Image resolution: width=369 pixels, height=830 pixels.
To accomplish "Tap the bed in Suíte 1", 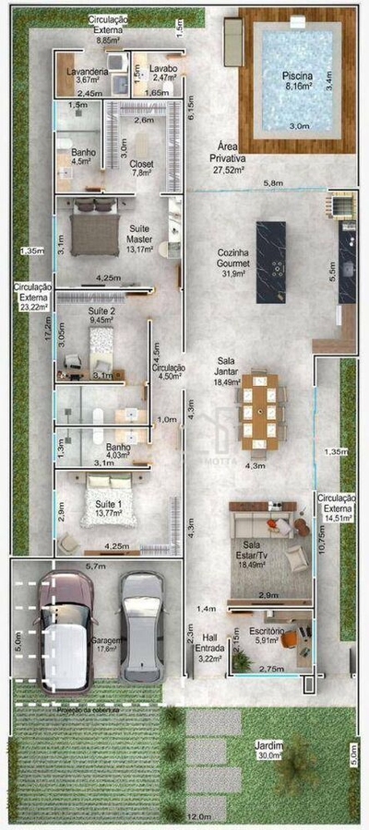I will click(x=111, y=503).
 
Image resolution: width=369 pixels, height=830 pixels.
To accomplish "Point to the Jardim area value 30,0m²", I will click(x=271, y=755).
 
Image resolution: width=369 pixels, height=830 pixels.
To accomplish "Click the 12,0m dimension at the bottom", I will click(x=195, y=816).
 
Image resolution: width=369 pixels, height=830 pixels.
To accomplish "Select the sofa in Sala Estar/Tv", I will click(x=265, y=524).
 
